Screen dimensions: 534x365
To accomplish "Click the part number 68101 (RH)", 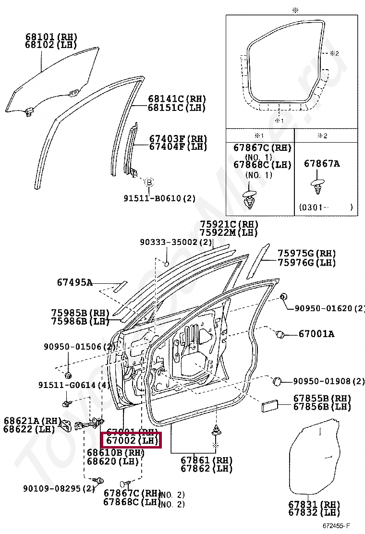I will pos(51,36).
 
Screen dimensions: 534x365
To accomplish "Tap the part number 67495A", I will pos(74,282).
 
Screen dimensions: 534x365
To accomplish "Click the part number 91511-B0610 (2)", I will pos(159,197).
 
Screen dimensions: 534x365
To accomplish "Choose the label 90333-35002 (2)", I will pos(176,243).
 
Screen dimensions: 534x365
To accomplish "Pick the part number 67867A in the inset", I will pos(321,164).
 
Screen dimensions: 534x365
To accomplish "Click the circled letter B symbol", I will pos(149,182).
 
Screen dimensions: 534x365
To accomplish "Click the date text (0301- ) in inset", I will pos(326,207).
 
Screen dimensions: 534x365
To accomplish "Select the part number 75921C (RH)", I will pos(229,224).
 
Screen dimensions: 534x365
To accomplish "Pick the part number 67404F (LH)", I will pos(177,146).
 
